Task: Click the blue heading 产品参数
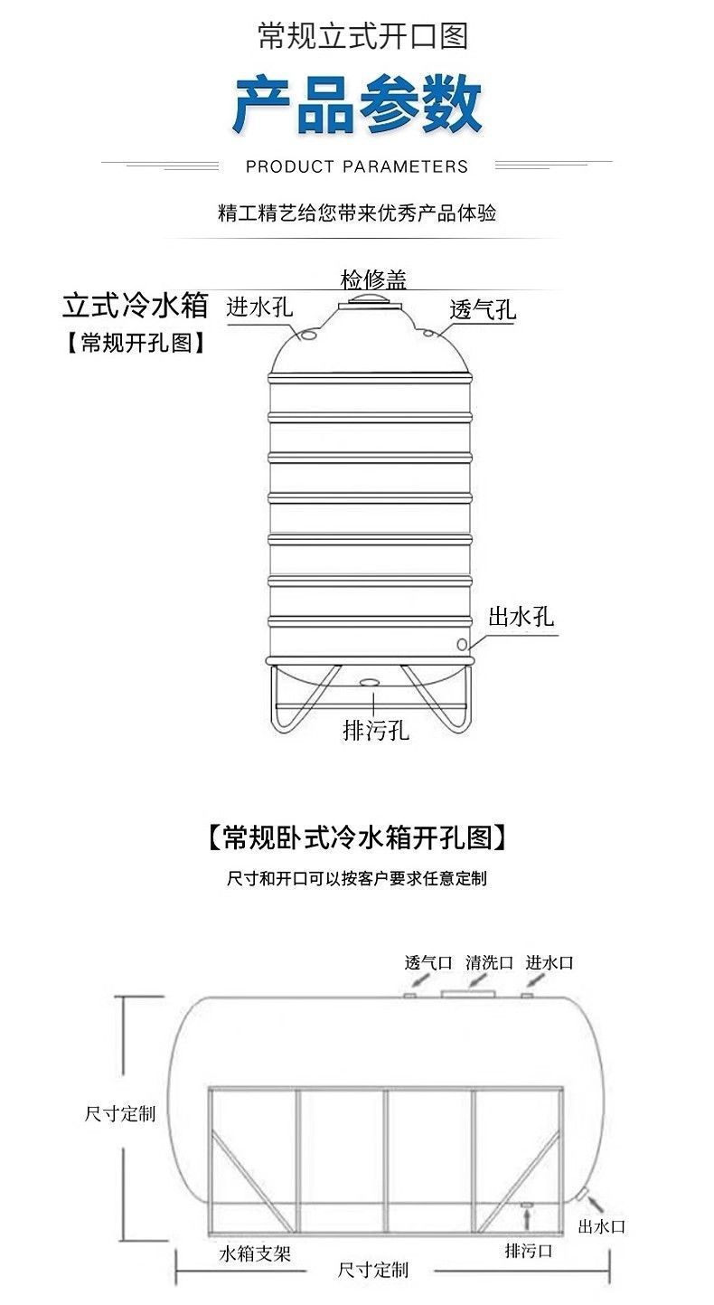(357, 106)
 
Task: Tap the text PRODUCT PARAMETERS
(357, 166)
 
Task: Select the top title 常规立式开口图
(362, 37)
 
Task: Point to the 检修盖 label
(373, 278)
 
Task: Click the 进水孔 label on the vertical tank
(259, 307)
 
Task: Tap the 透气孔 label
(483, 310)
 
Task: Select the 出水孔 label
(521, 618)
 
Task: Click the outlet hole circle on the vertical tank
(462, 645)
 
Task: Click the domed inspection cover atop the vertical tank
(371, 303)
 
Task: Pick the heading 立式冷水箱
(135, 305)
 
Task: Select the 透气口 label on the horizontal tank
(427, 962)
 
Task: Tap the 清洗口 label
(489, 962)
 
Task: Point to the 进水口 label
(550, 962)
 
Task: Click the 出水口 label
(601, 1226)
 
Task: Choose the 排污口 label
(528, 1251)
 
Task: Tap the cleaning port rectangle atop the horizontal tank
(468, 994)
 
